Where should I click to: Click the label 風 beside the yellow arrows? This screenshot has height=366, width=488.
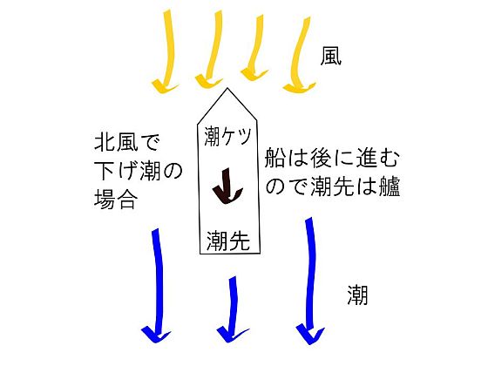[331, 56]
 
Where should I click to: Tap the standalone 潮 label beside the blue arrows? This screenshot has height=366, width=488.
[357, 295]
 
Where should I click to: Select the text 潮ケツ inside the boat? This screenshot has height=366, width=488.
[227, 136]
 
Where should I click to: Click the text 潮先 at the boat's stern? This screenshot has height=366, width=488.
[228, 241]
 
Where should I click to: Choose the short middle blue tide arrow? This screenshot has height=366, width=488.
[233, 308]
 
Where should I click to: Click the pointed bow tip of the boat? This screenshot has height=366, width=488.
[227, 88]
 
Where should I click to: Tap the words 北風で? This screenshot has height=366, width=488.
[127, 143]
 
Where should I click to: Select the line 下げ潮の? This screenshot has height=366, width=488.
[139, 172]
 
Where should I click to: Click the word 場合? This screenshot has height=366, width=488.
[116, 200]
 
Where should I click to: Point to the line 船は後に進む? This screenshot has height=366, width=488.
[332, 158]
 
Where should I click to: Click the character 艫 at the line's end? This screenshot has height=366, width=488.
[390, 186]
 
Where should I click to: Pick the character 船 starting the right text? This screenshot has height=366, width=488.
[275, 158]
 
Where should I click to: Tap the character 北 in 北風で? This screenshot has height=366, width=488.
[105, 143]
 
